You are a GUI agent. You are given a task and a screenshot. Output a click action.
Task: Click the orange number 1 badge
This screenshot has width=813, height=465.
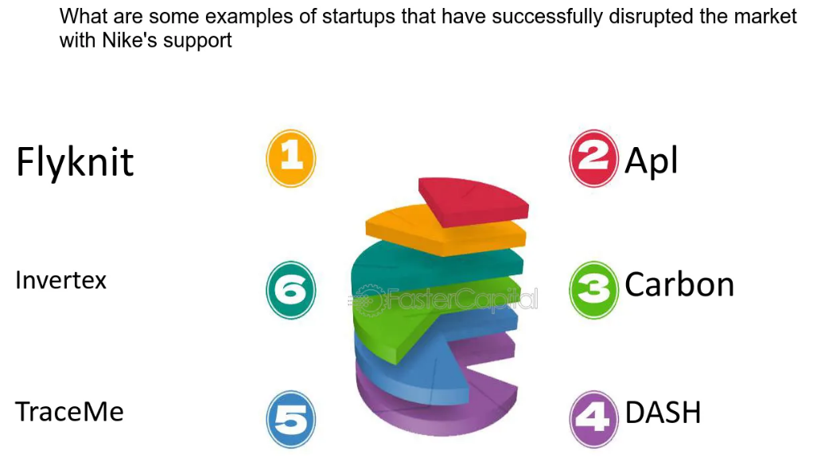tap(291, 158)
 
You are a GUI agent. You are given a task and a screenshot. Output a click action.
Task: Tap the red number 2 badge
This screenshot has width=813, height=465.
tap(593, 158)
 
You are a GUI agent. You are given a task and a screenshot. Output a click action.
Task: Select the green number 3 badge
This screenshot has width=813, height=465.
tap(593, 289)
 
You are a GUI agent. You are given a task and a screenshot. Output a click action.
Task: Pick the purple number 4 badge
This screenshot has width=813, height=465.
tap(593, 418)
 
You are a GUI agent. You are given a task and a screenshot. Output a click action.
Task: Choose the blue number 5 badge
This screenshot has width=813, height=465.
tap(291, 418)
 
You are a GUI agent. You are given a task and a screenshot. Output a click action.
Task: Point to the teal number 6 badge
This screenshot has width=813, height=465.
tap(291, 289)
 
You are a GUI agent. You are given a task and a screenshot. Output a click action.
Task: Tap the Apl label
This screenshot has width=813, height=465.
tap(652, 161)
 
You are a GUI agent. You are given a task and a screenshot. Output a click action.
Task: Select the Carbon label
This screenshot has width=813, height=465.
tap(679, 285)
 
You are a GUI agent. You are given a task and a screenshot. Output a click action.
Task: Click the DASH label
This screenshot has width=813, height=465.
tap(663, 413)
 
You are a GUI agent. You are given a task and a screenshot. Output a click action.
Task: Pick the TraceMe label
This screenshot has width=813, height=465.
tap(69, 413)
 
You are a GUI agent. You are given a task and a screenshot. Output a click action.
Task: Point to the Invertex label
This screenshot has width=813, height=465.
tap(60, 280)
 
